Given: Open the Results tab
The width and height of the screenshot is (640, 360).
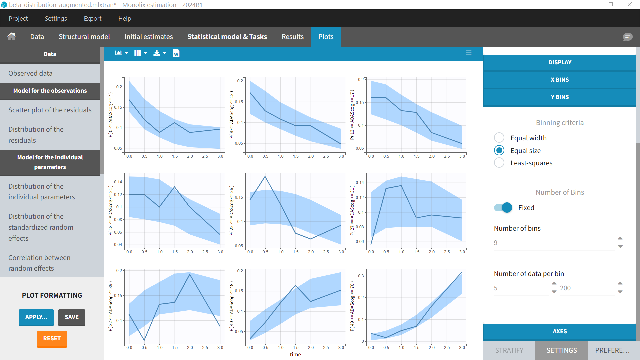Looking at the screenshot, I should (x=292, y=37).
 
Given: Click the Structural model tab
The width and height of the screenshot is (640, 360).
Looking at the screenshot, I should (x=84, y=37).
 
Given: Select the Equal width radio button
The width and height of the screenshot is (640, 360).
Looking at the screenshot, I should (x=499, y=138).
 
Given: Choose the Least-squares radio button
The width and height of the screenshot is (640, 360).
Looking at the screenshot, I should (x=499, y=163).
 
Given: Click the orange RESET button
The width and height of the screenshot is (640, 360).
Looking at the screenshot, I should (x=52, y=339).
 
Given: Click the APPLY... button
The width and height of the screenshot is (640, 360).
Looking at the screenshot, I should (x=36, y=317).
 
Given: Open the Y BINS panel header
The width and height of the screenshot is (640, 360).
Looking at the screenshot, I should (x=559, y=97).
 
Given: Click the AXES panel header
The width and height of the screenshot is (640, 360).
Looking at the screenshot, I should (x=559, y=331).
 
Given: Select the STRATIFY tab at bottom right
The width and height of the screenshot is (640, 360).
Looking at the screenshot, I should (x=509, y=350).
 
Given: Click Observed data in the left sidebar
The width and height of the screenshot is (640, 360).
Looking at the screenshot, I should (x=30, y=73).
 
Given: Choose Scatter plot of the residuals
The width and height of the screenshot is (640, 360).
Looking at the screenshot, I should (x=50, y=110).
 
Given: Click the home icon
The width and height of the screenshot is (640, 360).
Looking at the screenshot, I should (x=12, y=36).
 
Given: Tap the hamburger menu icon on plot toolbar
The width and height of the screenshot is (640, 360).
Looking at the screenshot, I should (x=468, y=53).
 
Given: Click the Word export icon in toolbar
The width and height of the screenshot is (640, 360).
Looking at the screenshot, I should (x=176, y=53).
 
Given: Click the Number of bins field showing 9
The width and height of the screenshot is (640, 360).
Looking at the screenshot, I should (x=553, y=243).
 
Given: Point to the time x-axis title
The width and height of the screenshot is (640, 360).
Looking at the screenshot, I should (x=295, y=354).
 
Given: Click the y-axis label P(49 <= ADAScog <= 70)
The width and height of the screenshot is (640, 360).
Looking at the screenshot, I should (x=352, y=306).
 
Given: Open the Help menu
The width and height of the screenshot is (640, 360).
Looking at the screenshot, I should (x=124, y=19).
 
